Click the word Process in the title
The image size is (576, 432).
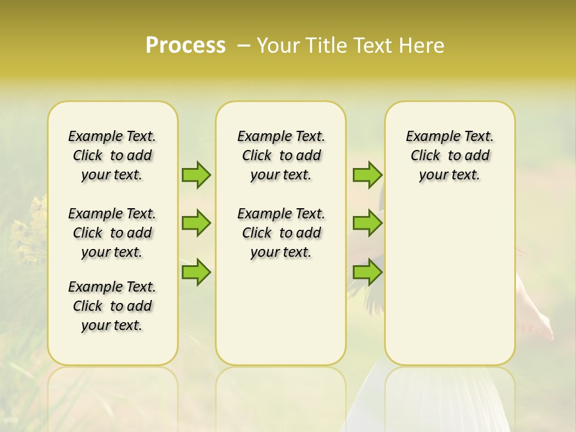[185, 46]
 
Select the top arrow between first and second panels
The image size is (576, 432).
[196, 175]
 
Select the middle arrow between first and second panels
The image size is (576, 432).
[196, 223]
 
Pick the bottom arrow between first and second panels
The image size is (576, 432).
[196, 272]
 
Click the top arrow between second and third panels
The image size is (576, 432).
[367, 175]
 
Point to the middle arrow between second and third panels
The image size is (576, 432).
[367, 223]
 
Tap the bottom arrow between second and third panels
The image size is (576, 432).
[367, 272]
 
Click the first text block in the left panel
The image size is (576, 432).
[112, 155]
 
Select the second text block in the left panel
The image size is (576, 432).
[112, 233]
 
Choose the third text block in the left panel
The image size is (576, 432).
[112, 306]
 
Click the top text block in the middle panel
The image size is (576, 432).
[281, 155]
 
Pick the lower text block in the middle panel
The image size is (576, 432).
[281, 233]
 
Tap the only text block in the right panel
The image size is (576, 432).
[449, 155]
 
